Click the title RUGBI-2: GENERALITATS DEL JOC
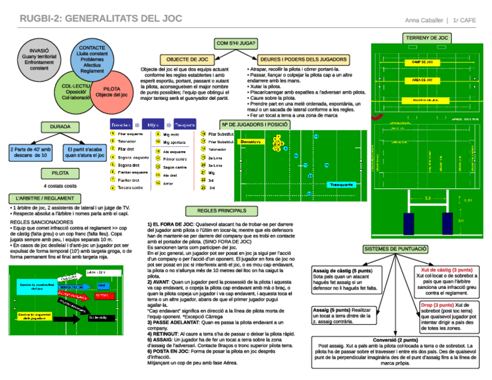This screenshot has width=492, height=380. click(x=101, y=19)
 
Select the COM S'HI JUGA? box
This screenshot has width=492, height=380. click(x=236, y=44)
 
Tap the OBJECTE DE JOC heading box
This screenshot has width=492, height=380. click(x=187, y=60)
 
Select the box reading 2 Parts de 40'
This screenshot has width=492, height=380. click(x=31, y=152)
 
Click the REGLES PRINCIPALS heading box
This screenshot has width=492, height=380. click(x=221, y=211)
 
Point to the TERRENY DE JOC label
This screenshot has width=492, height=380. click(x=426, y=38)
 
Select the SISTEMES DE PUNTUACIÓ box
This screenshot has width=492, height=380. click(x=396, y=249)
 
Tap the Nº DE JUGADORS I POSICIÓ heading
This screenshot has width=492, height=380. click(x=254, y=124)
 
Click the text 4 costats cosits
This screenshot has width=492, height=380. click(x=60, y=186)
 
